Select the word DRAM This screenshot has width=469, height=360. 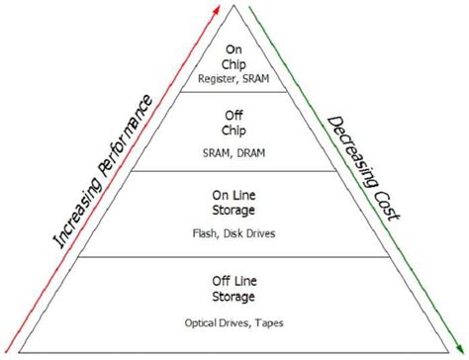point(253,153)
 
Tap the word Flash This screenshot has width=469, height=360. point(210,236)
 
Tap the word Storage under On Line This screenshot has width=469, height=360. point(235,211)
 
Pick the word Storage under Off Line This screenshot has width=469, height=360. point(235,297)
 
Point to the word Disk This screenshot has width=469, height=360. point(235,236)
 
